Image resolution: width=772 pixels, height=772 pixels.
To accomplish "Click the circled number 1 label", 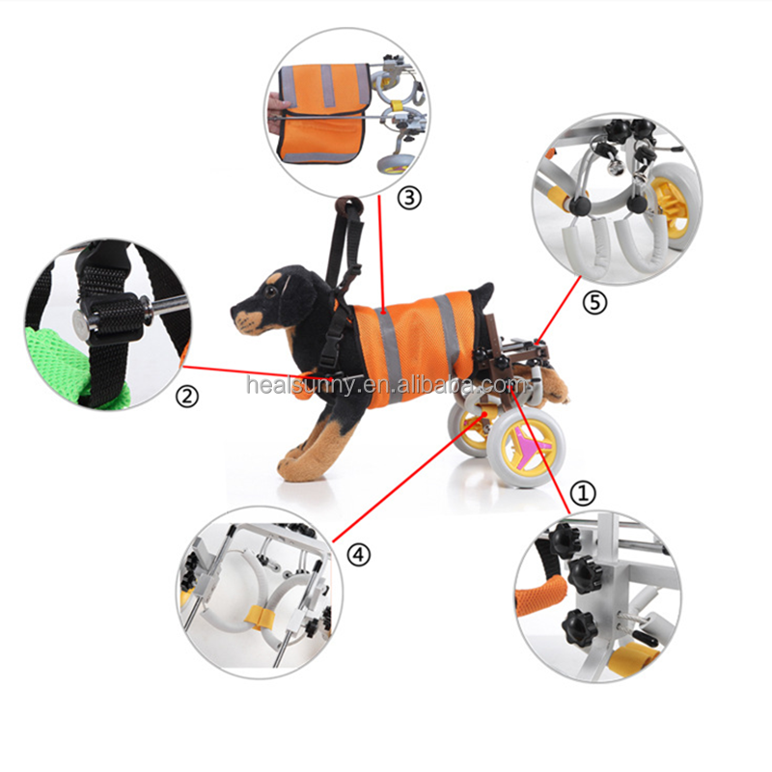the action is pyautogui.click(x=583, y=493).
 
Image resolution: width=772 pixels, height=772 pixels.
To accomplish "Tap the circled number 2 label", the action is pyautogui.click(x=187, y=397).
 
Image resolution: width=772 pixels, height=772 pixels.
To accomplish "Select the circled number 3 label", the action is pyautogui.click(x=409, y=198).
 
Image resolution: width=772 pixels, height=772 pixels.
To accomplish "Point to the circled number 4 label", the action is pyautogui.click(x=358, y=555).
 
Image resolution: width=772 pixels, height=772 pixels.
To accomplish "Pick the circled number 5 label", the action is pyautogui.click(x=594, y=302).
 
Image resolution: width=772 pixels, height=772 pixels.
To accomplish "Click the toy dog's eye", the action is pyautogui.click(x=270, y=291).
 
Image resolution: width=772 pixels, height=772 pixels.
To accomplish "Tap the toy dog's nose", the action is pyautogui.click(x=234, y=311).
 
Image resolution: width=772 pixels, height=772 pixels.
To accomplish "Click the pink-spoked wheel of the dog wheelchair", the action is pyautogui.click(x=526, y=447).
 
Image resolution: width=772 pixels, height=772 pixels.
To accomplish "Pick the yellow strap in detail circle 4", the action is pyautogui.click(x=261, y=618).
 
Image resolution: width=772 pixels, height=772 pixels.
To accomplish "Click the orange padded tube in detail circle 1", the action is pyautogui.click(x=540, y=594).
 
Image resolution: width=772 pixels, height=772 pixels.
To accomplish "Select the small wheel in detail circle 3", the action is pyautogui.click(x=394, y=165).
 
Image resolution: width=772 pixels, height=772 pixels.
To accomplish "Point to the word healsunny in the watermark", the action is pyautogui.click(x=299, y=384).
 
